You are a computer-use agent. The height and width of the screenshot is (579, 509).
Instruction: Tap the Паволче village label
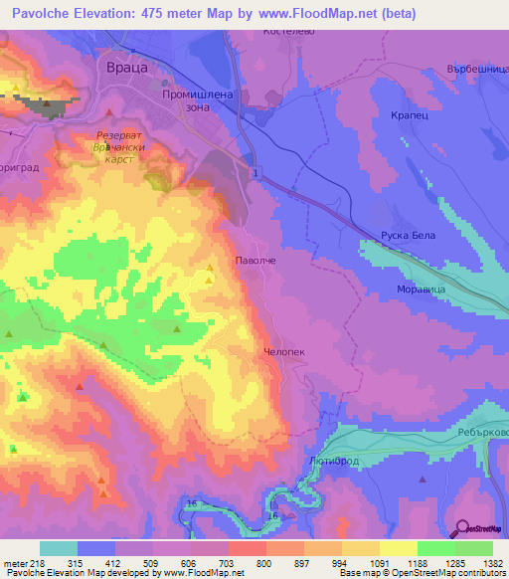254,259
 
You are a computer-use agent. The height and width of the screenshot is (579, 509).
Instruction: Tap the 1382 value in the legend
491,564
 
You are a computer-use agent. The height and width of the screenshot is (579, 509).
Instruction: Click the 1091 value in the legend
377,564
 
